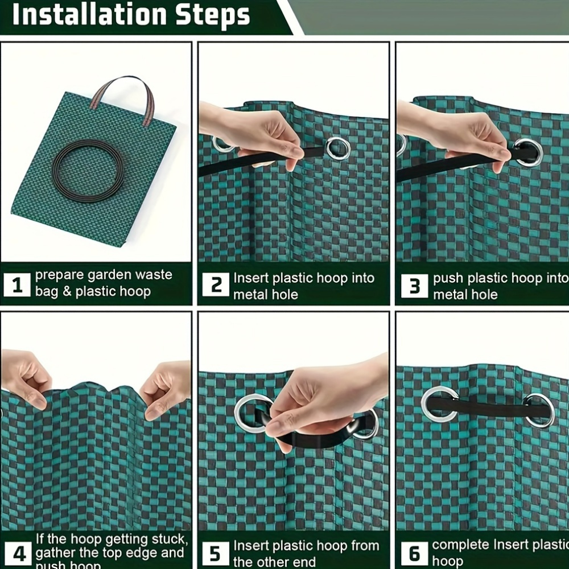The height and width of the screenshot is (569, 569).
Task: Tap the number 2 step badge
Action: tap(216, 284)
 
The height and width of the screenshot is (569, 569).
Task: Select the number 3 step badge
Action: tap(414, 286)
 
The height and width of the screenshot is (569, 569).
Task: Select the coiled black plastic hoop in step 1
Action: tap(88, 171)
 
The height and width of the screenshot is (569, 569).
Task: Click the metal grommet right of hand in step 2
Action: tap(338, 148)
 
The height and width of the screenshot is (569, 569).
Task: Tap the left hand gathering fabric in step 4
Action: tap(26, 378)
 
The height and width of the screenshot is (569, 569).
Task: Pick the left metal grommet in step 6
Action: tap(439, 404)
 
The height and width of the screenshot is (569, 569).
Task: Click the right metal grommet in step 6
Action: tap(539, 410)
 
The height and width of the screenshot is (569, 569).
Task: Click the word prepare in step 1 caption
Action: tap(60, 275)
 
